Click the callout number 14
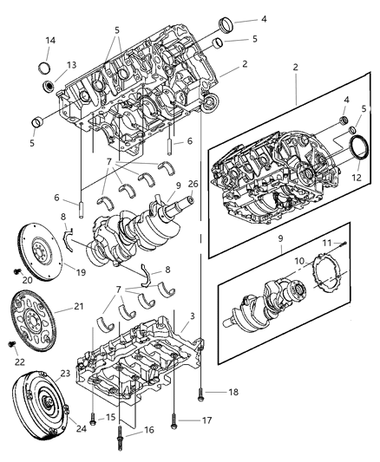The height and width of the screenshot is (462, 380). tap(49, 41)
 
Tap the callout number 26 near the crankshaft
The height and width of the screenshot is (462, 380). tap(193, 184)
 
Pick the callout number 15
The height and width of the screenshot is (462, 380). tap(111, 419)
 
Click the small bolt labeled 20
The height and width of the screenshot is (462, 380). tap(17, 271)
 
